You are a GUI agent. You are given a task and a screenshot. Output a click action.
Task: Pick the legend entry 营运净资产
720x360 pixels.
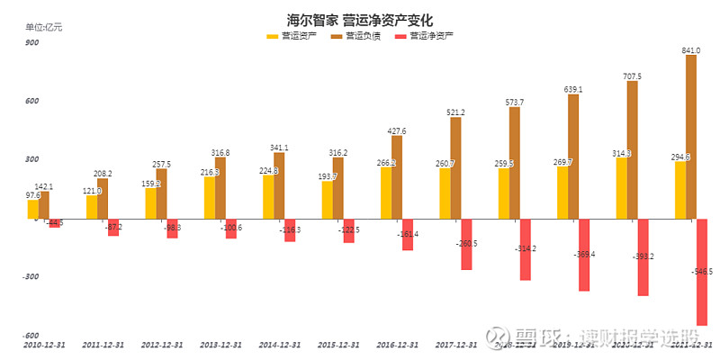(x=424, y=36)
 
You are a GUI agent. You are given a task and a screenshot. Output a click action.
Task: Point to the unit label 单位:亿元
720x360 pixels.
(x=44, y=27)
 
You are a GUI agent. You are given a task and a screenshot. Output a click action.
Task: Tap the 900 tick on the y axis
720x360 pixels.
(x=32, y=42)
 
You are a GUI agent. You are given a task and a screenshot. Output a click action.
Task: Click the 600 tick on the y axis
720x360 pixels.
(x=32, y=101)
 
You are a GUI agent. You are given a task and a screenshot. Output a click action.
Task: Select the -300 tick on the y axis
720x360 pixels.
(x=31, y=277)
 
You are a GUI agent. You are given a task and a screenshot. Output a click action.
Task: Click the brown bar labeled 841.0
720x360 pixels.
(x=691, y=137)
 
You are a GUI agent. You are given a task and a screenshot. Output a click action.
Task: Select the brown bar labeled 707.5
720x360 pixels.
(x=632, y=149)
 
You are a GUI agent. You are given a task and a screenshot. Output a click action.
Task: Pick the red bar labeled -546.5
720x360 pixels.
(x=702, y=272)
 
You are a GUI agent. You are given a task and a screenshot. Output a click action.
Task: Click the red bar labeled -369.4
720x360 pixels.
(x=584, y=255)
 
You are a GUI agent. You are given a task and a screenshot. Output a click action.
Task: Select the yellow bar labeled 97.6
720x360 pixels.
(x=33, y=209)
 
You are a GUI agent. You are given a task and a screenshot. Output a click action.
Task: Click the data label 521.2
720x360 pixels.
(x=456, y=112)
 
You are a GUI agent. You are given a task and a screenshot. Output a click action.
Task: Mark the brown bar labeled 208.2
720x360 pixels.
(x=103, y=198)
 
